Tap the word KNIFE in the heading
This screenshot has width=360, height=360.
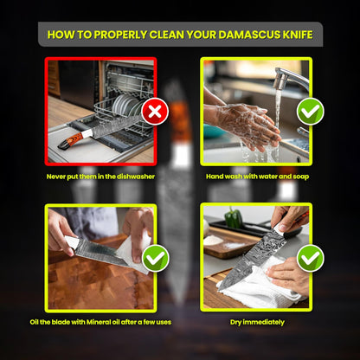(298, 35)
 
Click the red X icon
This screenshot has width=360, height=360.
(155, 112)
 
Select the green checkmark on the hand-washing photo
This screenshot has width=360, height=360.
(311, 112)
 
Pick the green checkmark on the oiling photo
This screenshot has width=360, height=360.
(155, 258)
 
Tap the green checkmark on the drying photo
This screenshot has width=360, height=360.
(311, 258)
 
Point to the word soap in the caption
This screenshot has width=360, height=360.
(301, 177)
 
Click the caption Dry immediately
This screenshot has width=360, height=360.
(257, 322)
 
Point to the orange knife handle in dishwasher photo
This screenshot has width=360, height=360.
(71, 140)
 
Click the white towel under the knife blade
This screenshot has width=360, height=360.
(260, 284)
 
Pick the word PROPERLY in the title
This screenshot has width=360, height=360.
(120, 35)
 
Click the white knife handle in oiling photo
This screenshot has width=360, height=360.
(71, 242)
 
